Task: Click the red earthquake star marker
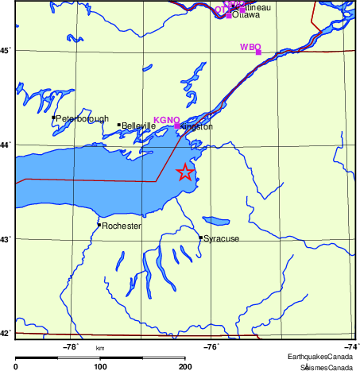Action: tap(184, 172)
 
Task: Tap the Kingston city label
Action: tap(196, 127)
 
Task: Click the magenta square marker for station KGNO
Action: tap(176, 126)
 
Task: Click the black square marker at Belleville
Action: tap(119, 125)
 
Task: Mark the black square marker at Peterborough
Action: tap(53, 118)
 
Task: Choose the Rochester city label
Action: tap(122, 226)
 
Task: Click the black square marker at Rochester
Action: tap(99, 225)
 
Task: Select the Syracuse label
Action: tap(221, 239)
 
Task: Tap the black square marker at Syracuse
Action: tap(200, 238)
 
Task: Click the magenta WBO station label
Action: tap(250, 47)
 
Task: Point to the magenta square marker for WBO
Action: tap(258, 52)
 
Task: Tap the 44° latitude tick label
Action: tap(6, 145)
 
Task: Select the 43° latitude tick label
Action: tap(6, 239)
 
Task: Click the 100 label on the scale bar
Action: tap(101, 366)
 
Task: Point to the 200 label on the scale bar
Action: tap(185, 366)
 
